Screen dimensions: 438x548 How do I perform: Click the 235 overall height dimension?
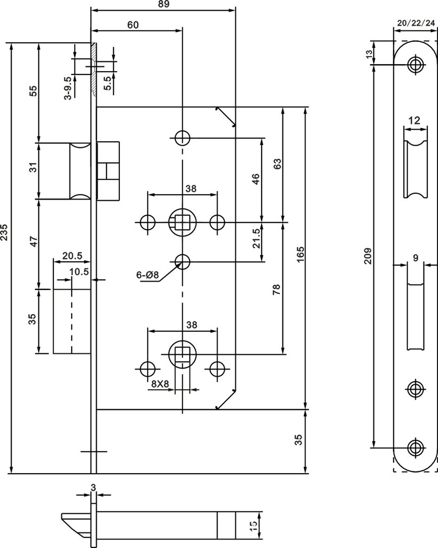point(4,232)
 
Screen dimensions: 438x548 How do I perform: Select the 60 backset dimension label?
point(133,25)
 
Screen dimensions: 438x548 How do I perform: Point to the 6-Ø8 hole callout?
point(147,275)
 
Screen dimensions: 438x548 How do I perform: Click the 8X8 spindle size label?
point(160,384)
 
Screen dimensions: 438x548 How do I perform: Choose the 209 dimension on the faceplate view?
point(368,256)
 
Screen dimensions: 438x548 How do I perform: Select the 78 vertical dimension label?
point(276,290)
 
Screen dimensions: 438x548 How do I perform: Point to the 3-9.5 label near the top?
point(68,88)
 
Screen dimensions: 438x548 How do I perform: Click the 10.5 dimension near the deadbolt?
point(79,271)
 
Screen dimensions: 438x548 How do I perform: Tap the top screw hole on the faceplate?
point(416,64)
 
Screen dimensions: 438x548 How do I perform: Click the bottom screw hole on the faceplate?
point(416,447)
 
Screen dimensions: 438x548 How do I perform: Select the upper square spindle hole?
point(182,222)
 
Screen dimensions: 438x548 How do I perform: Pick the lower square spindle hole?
point(182,354)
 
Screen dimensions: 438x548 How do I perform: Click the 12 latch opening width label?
point(414,120)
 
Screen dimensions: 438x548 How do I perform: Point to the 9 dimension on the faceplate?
point(416,258)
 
